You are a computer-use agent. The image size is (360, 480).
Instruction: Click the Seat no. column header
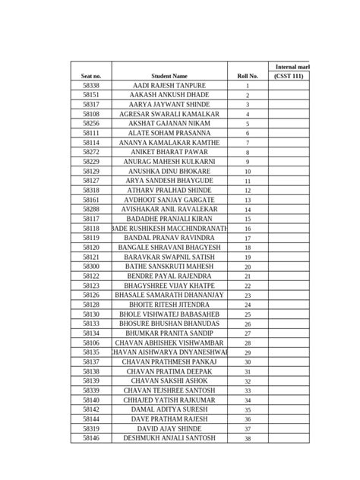[x=91, y=76]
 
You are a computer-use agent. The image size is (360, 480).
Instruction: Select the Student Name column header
[x=169, y=76]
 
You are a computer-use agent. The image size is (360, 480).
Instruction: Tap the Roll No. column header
[x=248, y=76]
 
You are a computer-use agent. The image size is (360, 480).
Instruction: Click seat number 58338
[x=91, y=86]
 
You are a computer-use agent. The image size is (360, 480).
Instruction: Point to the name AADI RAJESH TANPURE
[x=169, y=86]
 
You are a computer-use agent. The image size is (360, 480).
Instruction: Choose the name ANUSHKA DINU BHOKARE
[x=169, y=172]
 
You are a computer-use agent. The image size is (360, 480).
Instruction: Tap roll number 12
[x=248, y=191]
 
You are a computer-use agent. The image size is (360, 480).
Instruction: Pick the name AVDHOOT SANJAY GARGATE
[x=169, y=200]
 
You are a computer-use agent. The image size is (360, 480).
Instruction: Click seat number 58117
[x=91, y=219]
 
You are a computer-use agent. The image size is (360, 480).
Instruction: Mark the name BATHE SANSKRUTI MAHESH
[x=169, y=267]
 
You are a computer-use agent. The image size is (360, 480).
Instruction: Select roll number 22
[x=248, y=286]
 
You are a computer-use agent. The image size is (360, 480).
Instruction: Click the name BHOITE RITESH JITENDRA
[x=169, y=305]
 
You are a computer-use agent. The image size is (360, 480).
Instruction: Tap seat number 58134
[x=91, y=333]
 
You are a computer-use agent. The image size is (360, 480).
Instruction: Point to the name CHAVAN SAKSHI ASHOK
[x=169, y=381]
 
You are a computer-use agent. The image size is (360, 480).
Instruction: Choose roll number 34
[x=248, y=399]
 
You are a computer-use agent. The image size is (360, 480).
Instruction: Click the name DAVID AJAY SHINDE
[x=169, y=428]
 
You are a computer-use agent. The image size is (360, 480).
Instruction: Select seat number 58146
[x=91, y=437]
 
